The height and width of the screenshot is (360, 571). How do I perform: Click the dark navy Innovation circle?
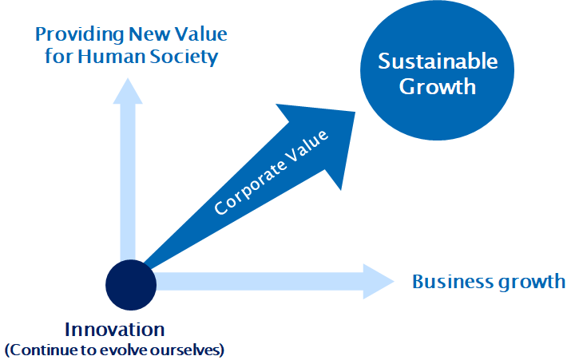(x=130, y=283)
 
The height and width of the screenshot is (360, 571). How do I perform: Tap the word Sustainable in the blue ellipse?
(x=438, y=61)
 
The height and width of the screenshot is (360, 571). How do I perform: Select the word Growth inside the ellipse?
(x=438, y=86)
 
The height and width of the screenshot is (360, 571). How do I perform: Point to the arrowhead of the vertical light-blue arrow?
(x=127, y=89)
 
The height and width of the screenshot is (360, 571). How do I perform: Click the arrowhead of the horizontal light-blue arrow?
(x=379, y=281)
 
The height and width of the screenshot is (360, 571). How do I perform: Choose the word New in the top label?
(x=141, y=34)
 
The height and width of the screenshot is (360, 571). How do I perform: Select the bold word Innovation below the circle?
(x=114, y=330)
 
